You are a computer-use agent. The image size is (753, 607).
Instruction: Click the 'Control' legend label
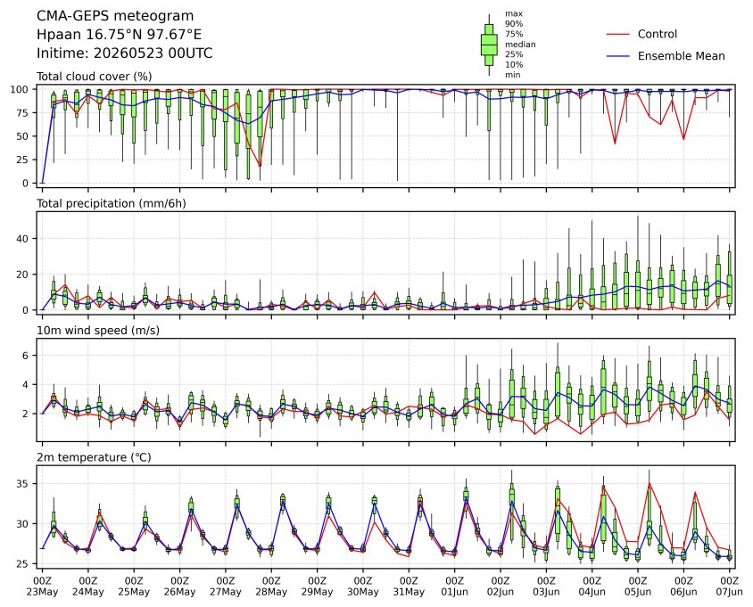[657, 34]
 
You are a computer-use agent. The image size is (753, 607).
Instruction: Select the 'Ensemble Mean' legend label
[681, 56]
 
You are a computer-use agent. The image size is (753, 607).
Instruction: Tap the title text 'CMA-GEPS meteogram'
[115, 16]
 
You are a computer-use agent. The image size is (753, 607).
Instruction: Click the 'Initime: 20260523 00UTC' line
[125, 53]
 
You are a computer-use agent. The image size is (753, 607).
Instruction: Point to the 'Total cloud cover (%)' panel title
[95, 77]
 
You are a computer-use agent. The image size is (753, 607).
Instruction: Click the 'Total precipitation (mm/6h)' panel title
[112, 203]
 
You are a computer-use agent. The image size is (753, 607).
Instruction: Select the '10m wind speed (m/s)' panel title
[98, 331]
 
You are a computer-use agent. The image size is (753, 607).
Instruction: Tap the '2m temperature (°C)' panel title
[94, 457]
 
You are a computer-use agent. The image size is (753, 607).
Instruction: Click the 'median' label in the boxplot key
[520, 45]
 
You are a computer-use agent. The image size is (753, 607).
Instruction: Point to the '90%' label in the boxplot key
[513, 23]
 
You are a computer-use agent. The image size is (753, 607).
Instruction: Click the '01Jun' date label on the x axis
[454, 592]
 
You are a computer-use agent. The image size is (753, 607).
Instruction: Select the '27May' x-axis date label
[225, 592]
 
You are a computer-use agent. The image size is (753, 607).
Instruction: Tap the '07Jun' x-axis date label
[729, 592]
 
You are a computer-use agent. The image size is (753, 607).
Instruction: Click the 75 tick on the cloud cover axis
[23, 113]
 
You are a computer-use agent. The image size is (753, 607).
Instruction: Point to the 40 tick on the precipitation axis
[23, 239]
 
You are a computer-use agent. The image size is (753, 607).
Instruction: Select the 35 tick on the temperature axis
[23, 484]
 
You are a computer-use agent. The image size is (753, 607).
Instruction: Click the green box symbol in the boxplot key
[489, 45]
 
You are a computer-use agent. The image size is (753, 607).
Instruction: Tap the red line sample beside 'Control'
[618, 34]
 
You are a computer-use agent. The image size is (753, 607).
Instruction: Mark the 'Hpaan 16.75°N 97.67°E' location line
[119, 35]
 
